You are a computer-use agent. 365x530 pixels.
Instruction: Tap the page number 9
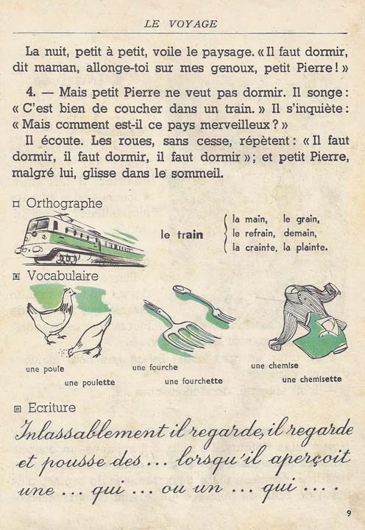(348, 513)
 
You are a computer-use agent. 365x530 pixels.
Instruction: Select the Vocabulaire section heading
(63, 275)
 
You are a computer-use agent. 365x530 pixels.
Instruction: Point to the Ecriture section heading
(51, 407)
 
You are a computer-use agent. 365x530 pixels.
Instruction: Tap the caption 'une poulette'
(89, 382)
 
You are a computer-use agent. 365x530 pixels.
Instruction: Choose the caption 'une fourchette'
(194, 381)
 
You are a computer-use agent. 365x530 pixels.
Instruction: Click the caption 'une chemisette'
(311, 379)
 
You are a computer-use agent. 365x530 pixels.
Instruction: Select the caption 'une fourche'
(155, 367)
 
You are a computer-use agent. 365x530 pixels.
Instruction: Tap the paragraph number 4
(29, 95)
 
